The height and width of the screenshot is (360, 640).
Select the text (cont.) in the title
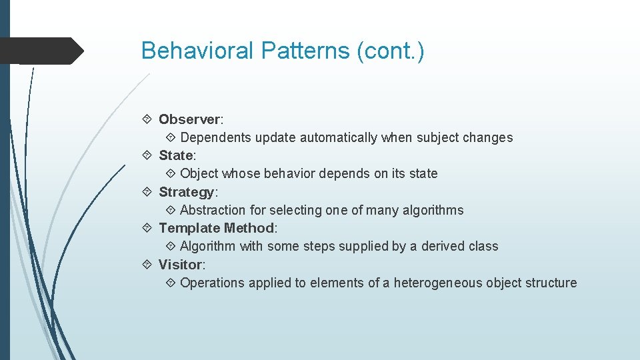[x=391, y=51]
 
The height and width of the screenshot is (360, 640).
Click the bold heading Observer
[x=189, y=119]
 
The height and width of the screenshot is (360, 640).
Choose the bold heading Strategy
[x=187, y=192]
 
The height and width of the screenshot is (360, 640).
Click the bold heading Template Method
[x=216, y=228]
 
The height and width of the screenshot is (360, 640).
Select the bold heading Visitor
[x=180, y=265]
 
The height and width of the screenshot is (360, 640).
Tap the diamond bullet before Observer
[x=147, y=119]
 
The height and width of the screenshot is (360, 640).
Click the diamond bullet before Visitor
[x=147, y=265]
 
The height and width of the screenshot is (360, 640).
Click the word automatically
[x=339, y=138]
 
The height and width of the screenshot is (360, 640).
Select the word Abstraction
[x=213, y=211]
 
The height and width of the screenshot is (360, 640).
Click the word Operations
[x=212, y=283]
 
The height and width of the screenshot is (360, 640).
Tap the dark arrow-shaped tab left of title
[x=40, y=51]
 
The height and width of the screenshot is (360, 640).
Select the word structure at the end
[x=551, y=283]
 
